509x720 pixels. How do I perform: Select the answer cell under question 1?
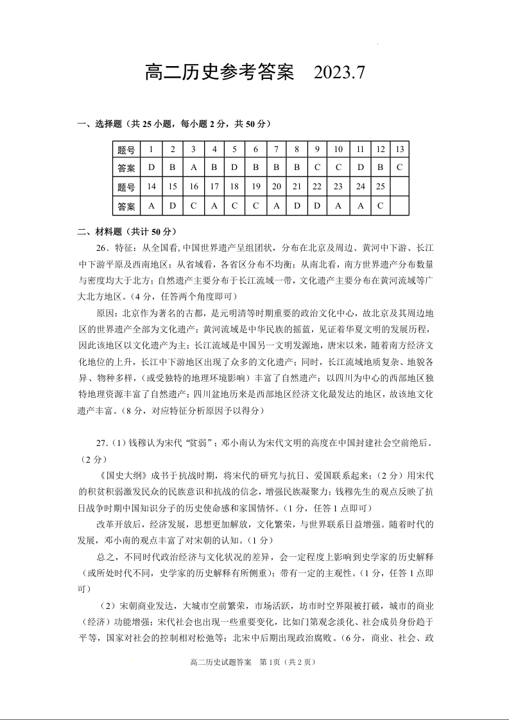(151, 168)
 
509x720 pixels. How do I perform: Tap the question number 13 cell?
(399, 150)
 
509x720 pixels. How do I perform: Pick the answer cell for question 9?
(317, 168)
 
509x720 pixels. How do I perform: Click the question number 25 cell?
(381, 187)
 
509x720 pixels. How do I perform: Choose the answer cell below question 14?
(151, 206)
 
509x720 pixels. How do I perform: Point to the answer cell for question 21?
(297, 206)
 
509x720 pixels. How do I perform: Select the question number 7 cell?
(276, 150)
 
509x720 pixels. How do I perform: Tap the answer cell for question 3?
(193, 168)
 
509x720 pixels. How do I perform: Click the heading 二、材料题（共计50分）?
(127, 231)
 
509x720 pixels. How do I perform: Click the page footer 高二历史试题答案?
(219, 662)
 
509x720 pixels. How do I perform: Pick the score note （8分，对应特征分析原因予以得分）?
(189, 410)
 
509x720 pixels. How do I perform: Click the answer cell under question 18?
(234, 206)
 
